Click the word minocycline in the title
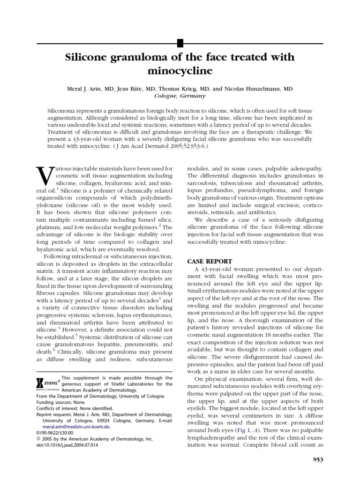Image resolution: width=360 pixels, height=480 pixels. coord(180,71)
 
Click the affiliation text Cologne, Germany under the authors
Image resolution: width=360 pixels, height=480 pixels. coord(180,96)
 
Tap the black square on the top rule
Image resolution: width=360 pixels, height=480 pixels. coord(180,45)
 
